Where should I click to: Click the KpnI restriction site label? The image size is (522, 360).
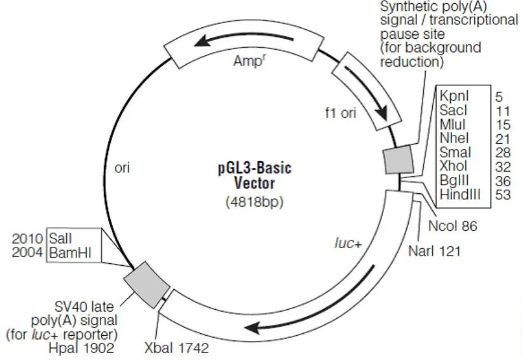pos(454,96)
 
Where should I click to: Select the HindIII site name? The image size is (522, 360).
pos(460,194)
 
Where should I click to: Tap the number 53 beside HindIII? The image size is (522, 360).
pos(503,195)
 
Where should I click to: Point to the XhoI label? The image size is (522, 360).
pos(453,166)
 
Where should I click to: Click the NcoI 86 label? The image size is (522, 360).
pos(453,226)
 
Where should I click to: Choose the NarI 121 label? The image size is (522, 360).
pos(434,251)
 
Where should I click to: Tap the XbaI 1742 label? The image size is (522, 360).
pos(176,348)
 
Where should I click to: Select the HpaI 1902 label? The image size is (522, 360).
pos(81,348)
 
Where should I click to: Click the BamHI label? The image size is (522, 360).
pos(70,253)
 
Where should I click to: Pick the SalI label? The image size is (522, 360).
pos(60,239)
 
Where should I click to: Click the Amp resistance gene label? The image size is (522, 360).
pos(249,60)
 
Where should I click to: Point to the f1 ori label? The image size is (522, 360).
pos(341,113)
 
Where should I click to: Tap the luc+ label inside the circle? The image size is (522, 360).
pos(348,244)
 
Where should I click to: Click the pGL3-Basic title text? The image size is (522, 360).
pos(255,168)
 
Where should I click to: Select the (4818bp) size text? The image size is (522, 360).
pos(255,202)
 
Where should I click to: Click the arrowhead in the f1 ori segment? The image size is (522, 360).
pos(382,113)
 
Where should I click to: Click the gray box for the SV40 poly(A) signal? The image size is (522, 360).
pos(147,285)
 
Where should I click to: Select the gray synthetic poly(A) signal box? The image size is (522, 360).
pos(399,160)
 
